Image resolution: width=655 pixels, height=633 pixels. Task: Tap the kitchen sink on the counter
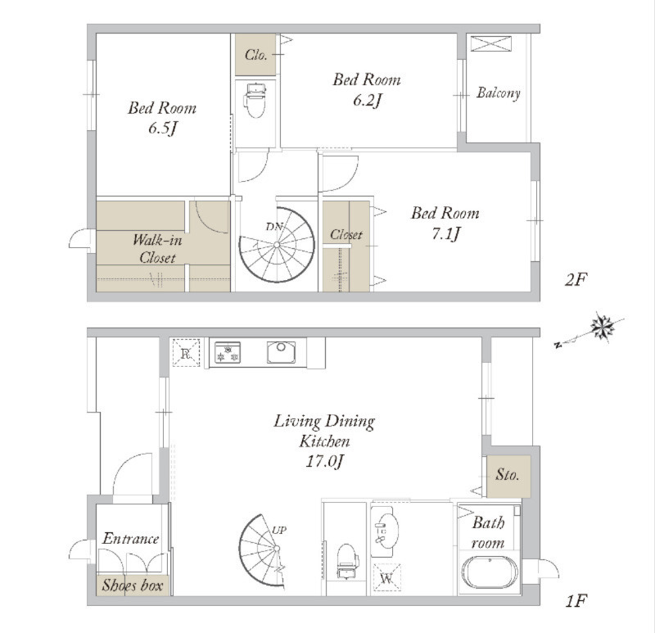click(x=281, y=352)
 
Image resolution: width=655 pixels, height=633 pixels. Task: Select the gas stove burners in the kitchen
click(x=228, y=352)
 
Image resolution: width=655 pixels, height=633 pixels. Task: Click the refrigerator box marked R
click(x=187, y=353)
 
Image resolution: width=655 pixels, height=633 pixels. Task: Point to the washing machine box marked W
click(x=386, y=578)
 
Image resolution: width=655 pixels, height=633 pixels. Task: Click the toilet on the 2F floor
click(x=255, y=100)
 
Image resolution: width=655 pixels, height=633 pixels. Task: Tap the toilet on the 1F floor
click(x=347, y=562)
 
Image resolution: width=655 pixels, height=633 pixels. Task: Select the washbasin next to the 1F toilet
click(x=385, y=531)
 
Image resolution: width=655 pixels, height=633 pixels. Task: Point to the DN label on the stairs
click(x=274, y=227)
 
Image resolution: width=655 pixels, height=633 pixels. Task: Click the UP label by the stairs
click(x=279, y=530)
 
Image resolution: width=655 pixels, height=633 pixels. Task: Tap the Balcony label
click(x=499, y=93)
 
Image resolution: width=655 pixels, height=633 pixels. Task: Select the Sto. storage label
click(x=507, y=475)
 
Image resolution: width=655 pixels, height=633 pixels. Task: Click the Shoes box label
click(x=133, y=585)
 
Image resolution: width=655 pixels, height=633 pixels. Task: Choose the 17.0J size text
click(x=324, y=461)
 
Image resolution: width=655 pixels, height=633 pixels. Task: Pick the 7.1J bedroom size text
click(x=445, y=233)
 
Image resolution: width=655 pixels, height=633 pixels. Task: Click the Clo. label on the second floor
click(x=255, y=55)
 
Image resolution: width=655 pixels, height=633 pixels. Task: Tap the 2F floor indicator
click(x=576, y=279)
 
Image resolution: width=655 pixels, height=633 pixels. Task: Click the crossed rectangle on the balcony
click(x=490, y=44)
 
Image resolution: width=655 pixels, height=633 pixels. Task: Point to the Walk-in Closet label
click(x=157, y=249)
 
